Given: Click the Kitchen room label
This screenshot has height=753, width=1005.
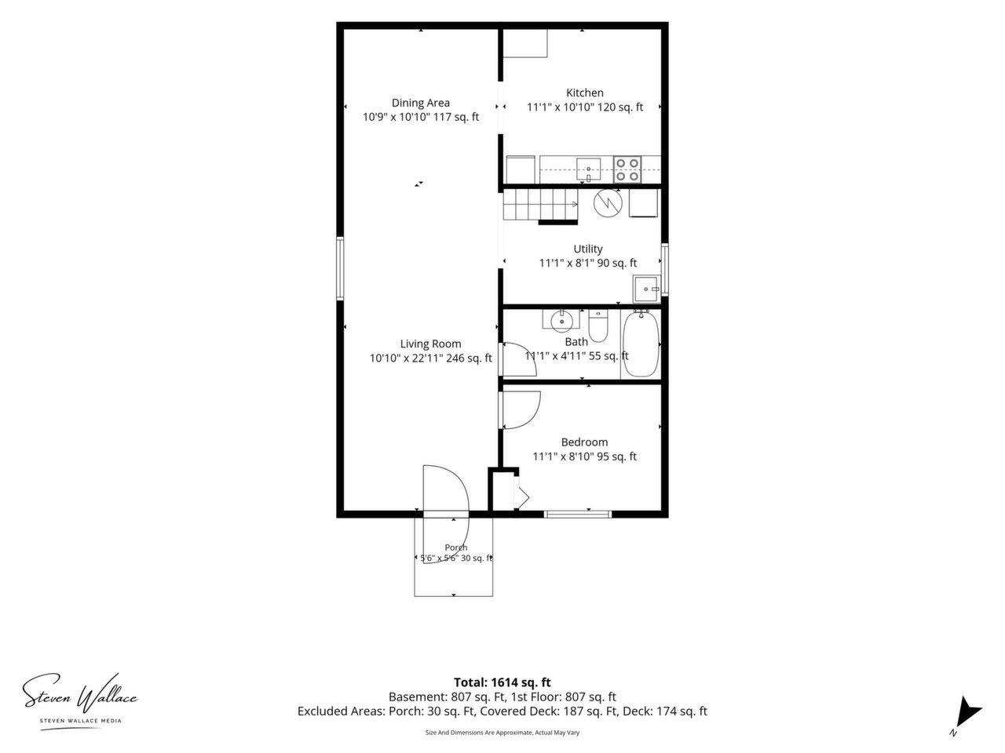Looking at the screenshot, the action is click(585, 93).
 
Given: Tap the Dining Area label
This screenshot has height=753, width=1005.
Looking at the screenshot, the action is click(420, 103).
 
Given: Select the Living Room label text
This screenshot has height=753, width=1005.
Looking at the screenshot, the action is click(430, 344).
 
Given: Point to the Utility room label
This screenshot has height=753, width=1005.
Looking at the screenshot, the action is click(588, 249).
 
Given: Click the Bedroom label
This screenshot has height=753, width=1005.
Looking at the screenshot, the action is click(584, 442).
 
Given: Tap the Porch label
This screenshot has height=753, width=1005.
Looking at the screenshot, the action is click(456, 547).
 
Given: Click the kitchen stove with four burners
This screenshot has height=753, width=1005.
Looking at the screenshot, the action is click(627, 169).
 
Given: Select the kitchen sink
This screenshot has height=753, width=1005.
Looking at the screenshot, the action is click(588, 169).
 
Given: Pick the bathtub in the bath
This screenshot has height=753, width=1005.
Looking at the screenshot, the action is click(641, 344).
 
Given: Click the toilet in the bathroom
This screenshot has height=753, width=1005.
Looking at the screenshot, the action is click(598, 326).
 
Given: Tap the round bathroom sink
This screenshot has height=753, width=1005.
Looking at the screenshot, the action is click(561, 320).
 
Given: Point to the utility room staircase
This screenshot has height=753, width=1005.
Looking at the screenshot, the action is click(540, 205).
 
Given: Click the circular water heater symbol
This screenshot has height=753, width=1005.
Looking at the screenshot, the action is click(608, 203).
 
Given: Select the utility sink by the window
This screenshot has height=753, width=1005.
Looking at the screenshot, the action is click(646, 289).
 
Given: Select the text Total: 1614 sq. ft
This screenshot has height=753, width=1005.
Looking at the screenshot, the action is click(502, 682).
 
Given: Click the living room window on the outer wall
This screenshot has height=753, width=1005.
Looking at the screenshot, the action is click(340, 268).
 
